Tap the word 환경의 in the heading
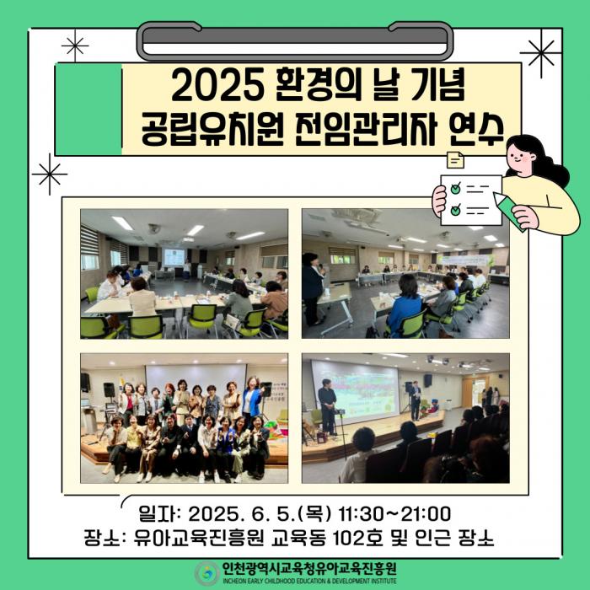(316, 88)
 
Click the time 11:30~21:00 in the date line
(394, 514)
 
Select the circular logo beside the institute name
(206, 573)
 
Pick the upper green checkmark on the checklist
(456, 188)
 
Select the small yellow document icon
(455, 160)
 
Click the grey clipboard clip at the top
(295, 40)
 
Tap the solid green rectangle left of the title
(88, 109)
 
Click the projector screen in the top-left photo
(174, 257)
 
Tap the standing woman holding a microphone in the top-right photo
(313, 289)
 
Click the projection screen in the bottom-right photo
(355, 391)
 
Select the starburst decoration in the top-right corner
(541, 53)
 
